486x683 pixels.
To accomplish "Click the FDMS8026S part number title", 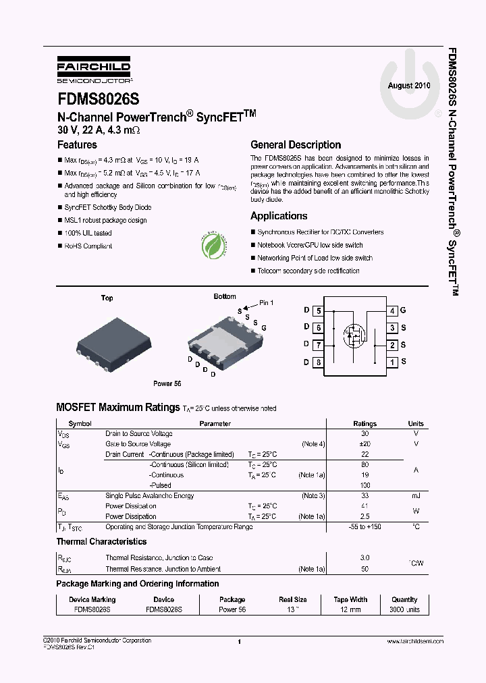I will tap(98, 99).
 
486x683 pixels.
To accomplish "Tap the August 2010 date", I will tap(408, 86).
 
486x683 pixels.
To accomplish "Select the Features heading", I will tap(77, 144).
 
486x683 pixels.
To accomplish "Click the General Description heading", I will tap(296, 144).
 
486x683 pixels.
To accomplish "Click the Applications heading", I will tap(279, 216).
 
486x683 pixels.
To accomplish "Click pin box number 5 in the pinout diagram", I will tap(318, 310).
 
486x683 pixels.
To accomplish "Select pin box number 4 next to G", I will tap(391, 310).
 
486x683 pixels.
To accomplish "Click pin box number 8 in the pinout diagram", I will tap(318, 362).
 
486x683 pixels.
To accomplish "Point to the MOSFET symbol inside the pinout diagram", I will tap(353, 335).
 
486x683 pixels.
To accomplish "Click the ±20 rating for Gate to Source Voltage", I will tap(365, 444).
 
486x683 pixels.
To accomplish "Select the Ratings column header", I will tap(365, 424).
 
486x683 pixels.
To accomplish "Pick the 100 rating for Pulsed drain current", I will tap(365, 485).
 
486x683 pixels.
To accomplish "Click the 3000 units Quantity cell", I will tap(404, 609).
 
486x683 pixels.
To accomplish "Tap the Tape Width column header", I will tap(350, 599).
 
